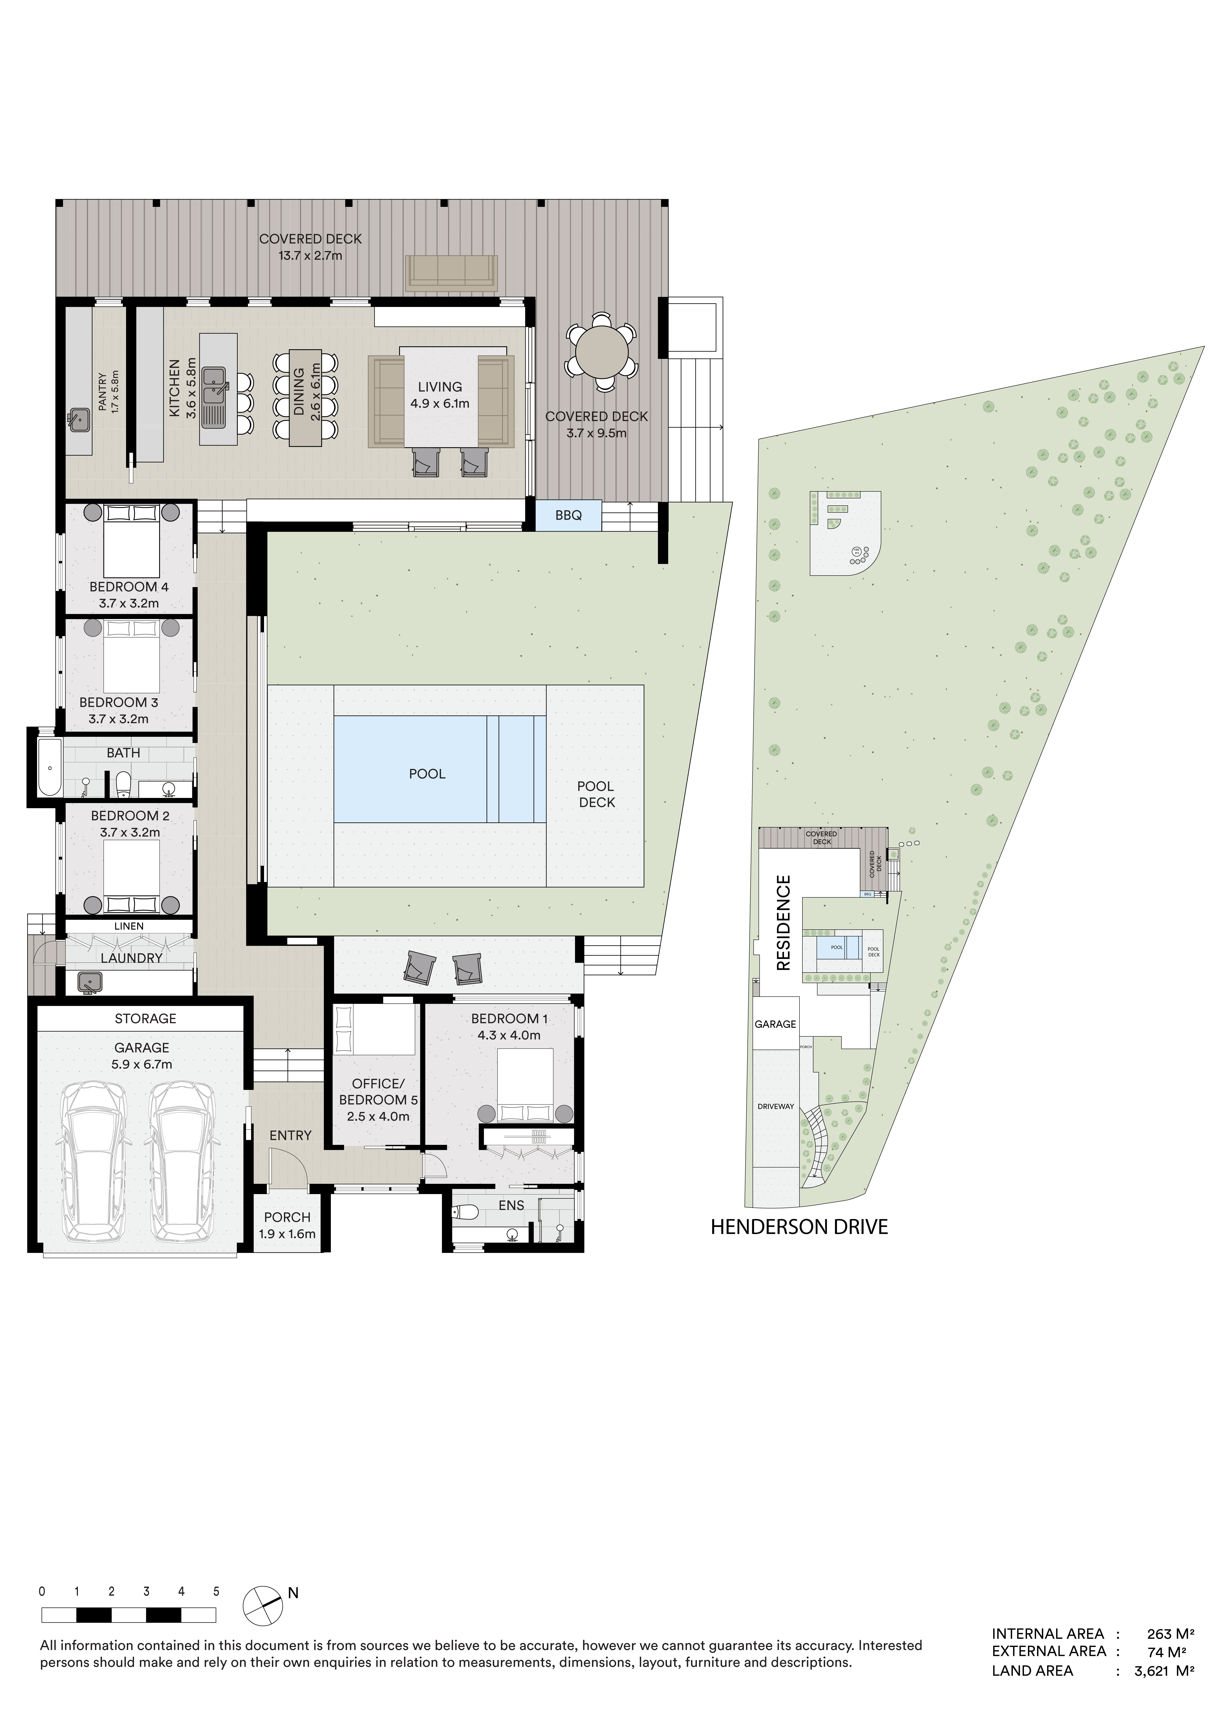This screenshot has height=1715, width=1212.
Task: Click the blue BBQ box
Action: [x=569, y=515]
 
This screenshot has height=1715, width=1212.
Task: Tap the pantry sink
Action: [x=79, y=420]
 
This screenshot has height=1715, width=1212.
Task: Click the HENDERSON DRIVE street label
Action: [x=799, y=1227]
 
